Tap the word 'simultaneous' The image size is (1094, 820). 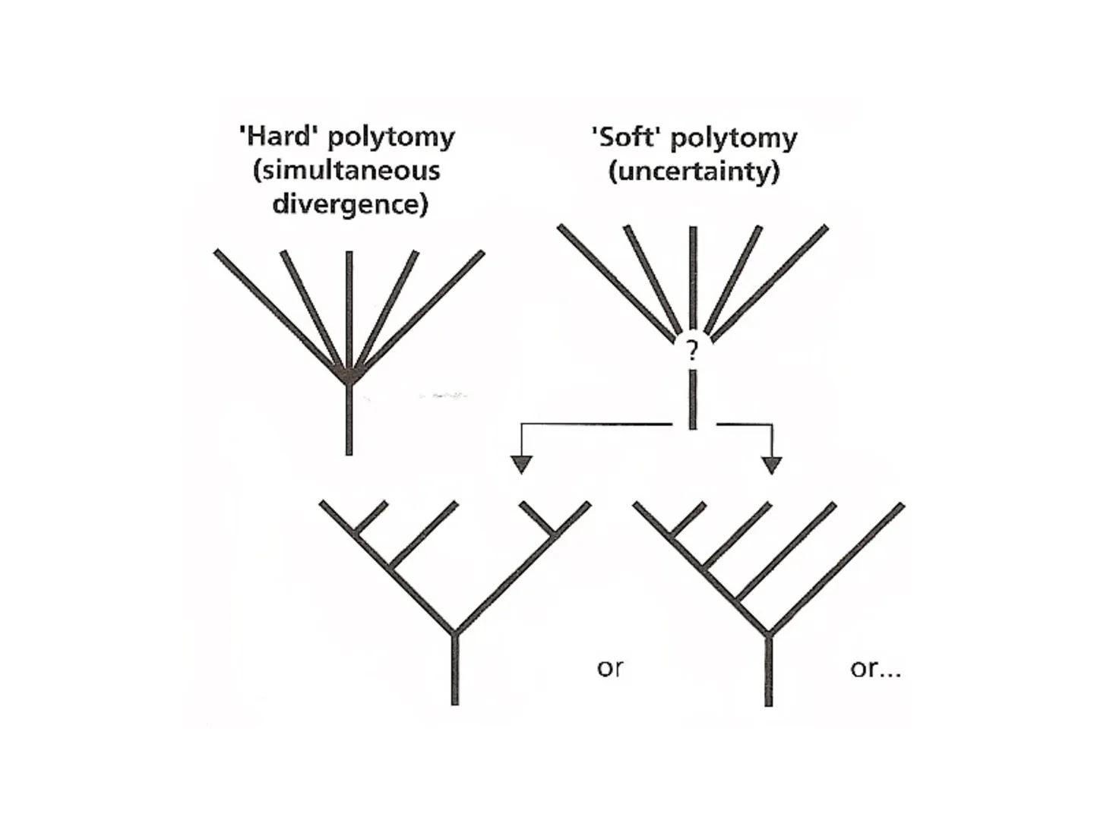346,170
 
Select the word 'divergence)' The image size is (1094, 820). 350,203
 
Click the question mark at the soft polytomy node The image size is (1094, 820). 691,351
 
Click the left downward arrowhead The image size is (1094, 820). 521,464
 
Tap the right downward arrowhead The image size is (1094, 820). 772,464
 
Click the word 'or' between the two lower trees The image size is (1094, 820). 609,668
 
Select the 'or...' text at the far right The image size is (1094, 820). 875,668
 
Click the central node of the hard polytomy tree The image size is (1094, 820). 349,374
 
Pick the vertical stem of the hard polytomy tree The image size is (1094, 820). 349,421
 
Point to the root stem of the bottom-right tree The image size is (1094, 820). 768,671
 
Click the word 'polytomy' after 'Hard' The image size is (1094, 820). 391,137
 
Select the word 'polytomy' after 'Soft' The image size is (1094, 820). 734,137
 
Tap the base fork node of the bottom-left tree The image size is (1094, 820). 454,632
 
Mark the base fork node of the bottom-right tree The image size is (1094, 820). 768,634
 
